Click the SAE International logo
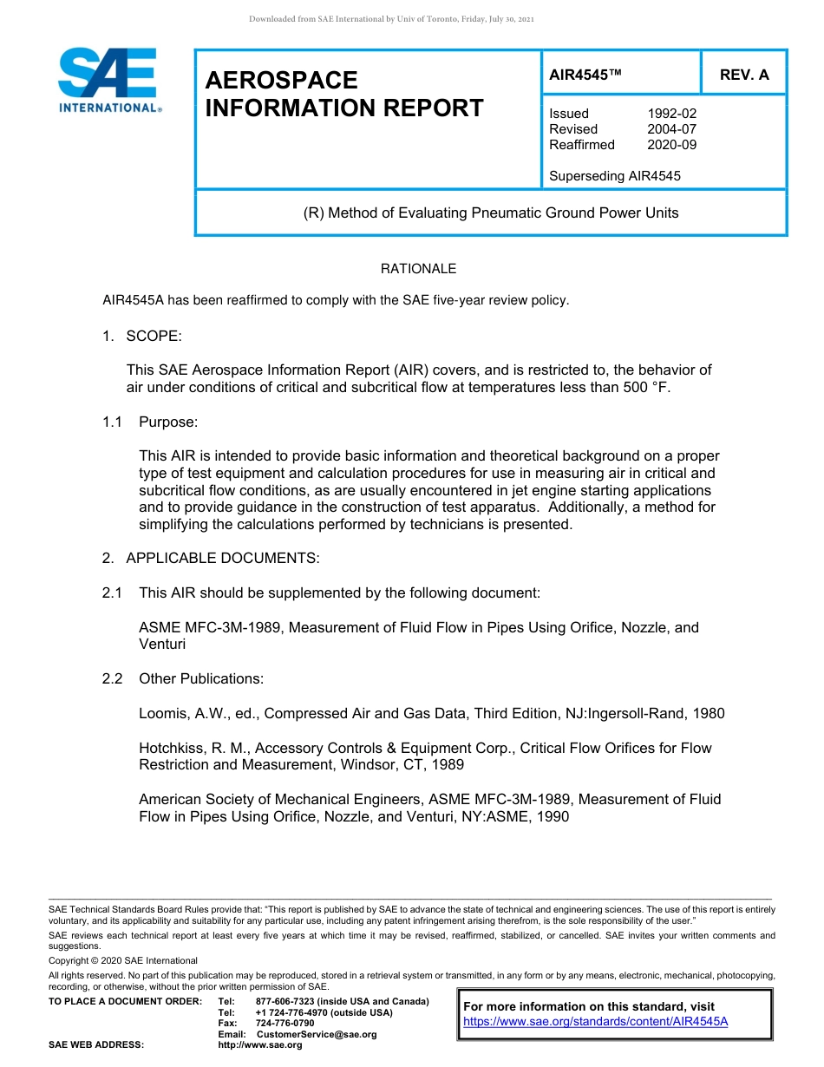[108, 80]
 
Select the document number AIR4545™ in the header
[586, 75]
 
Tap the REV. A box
[744, 75]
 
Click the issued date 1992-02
[671, 114]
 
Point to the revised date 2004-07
[671, 129]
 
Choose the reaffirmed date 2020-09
[671, 145]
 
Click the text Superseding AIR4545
[615, 176]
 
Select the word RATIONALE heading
[418, 269]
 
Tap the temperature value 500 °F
[647, 387]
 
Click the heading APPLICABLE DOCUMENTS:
[223, 558]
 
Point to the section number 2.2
[112, 678]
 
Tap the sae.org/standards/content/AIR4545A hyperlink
[596, 1021]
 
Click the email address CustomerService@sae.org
[322, 1034]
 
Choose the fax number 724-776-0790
[285, 1023]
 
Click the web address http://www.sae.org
[260, 1044]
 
